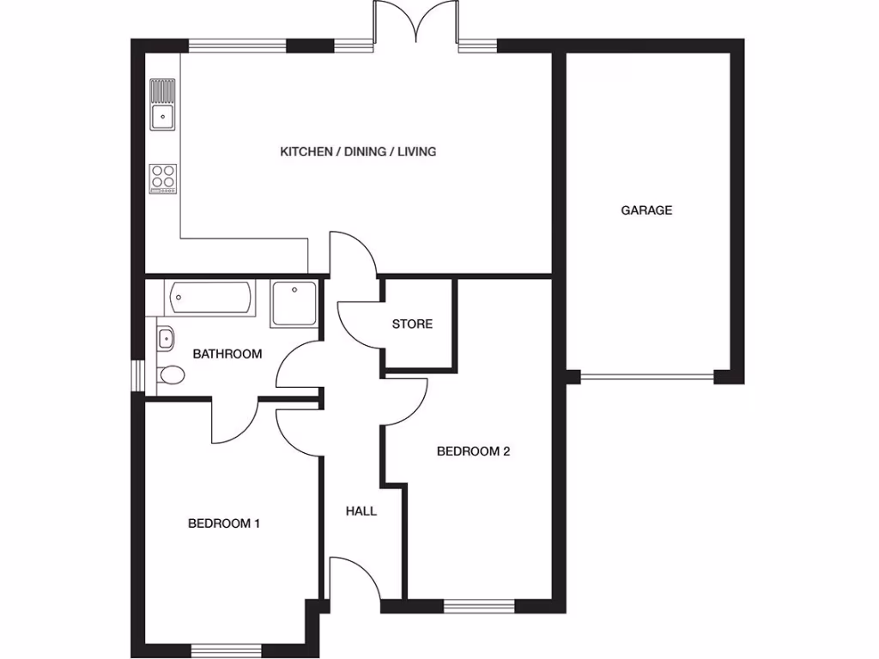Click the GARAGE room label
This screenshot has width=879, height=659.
pyautogui.click(x=646, y=210)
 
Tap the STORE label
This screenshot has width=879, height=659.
pyautogui.click(x=412, y=324)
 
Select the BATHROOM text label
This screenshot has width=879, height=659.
pyautogui.click(x=227, y=354)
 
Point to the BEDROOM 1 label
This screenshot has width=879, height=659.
pyautogui.click(x=223, y=523)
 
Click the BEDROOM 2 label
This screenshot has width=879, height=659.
pyautogui.click(x=473, y=451)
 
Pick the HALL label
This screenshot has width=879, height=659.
pyautogui.click(x=361, y=511)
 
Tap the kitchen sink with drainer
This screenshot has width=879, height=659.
pyautogui.click(x=162, y=104)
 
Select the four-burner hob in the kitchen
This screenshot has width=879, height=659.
pyautogui.click(x=163, y=178)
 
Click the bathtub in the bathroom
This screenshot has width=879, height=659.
pyautogui.click(x=210, y=299)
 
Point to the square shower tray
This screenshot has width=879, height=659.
pyautogui.click(x=294, y=304)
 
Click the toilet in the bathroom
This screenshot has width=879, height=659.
pyautogui.click(x=170, y=375)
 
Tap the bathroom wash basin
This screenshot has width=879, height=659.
pyautogui.click(x=165, y=339)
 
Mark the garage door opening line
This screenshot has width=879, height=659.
pyautogui.click(x=647, y=376)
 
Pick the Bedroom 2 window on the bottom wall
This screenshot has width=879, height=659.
pyautogui.click(x=479, y=607)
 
